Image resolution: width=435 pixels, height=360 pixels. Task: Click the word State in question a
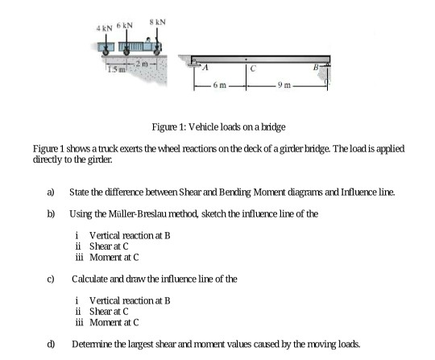tap(80, 191)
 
